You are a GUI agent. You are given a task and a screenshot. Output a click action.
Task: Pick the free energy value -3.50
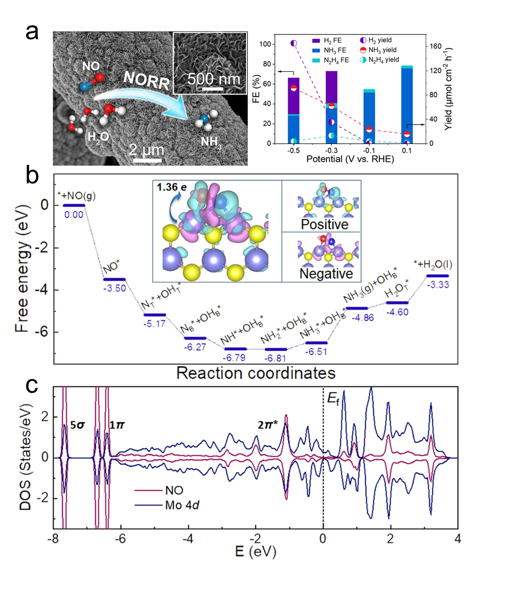pyautogui.click(x=114, y=288)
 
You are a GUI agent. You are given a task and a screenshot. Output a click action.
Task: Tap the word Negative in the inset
pyautogui.click(x=322, y=273)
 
